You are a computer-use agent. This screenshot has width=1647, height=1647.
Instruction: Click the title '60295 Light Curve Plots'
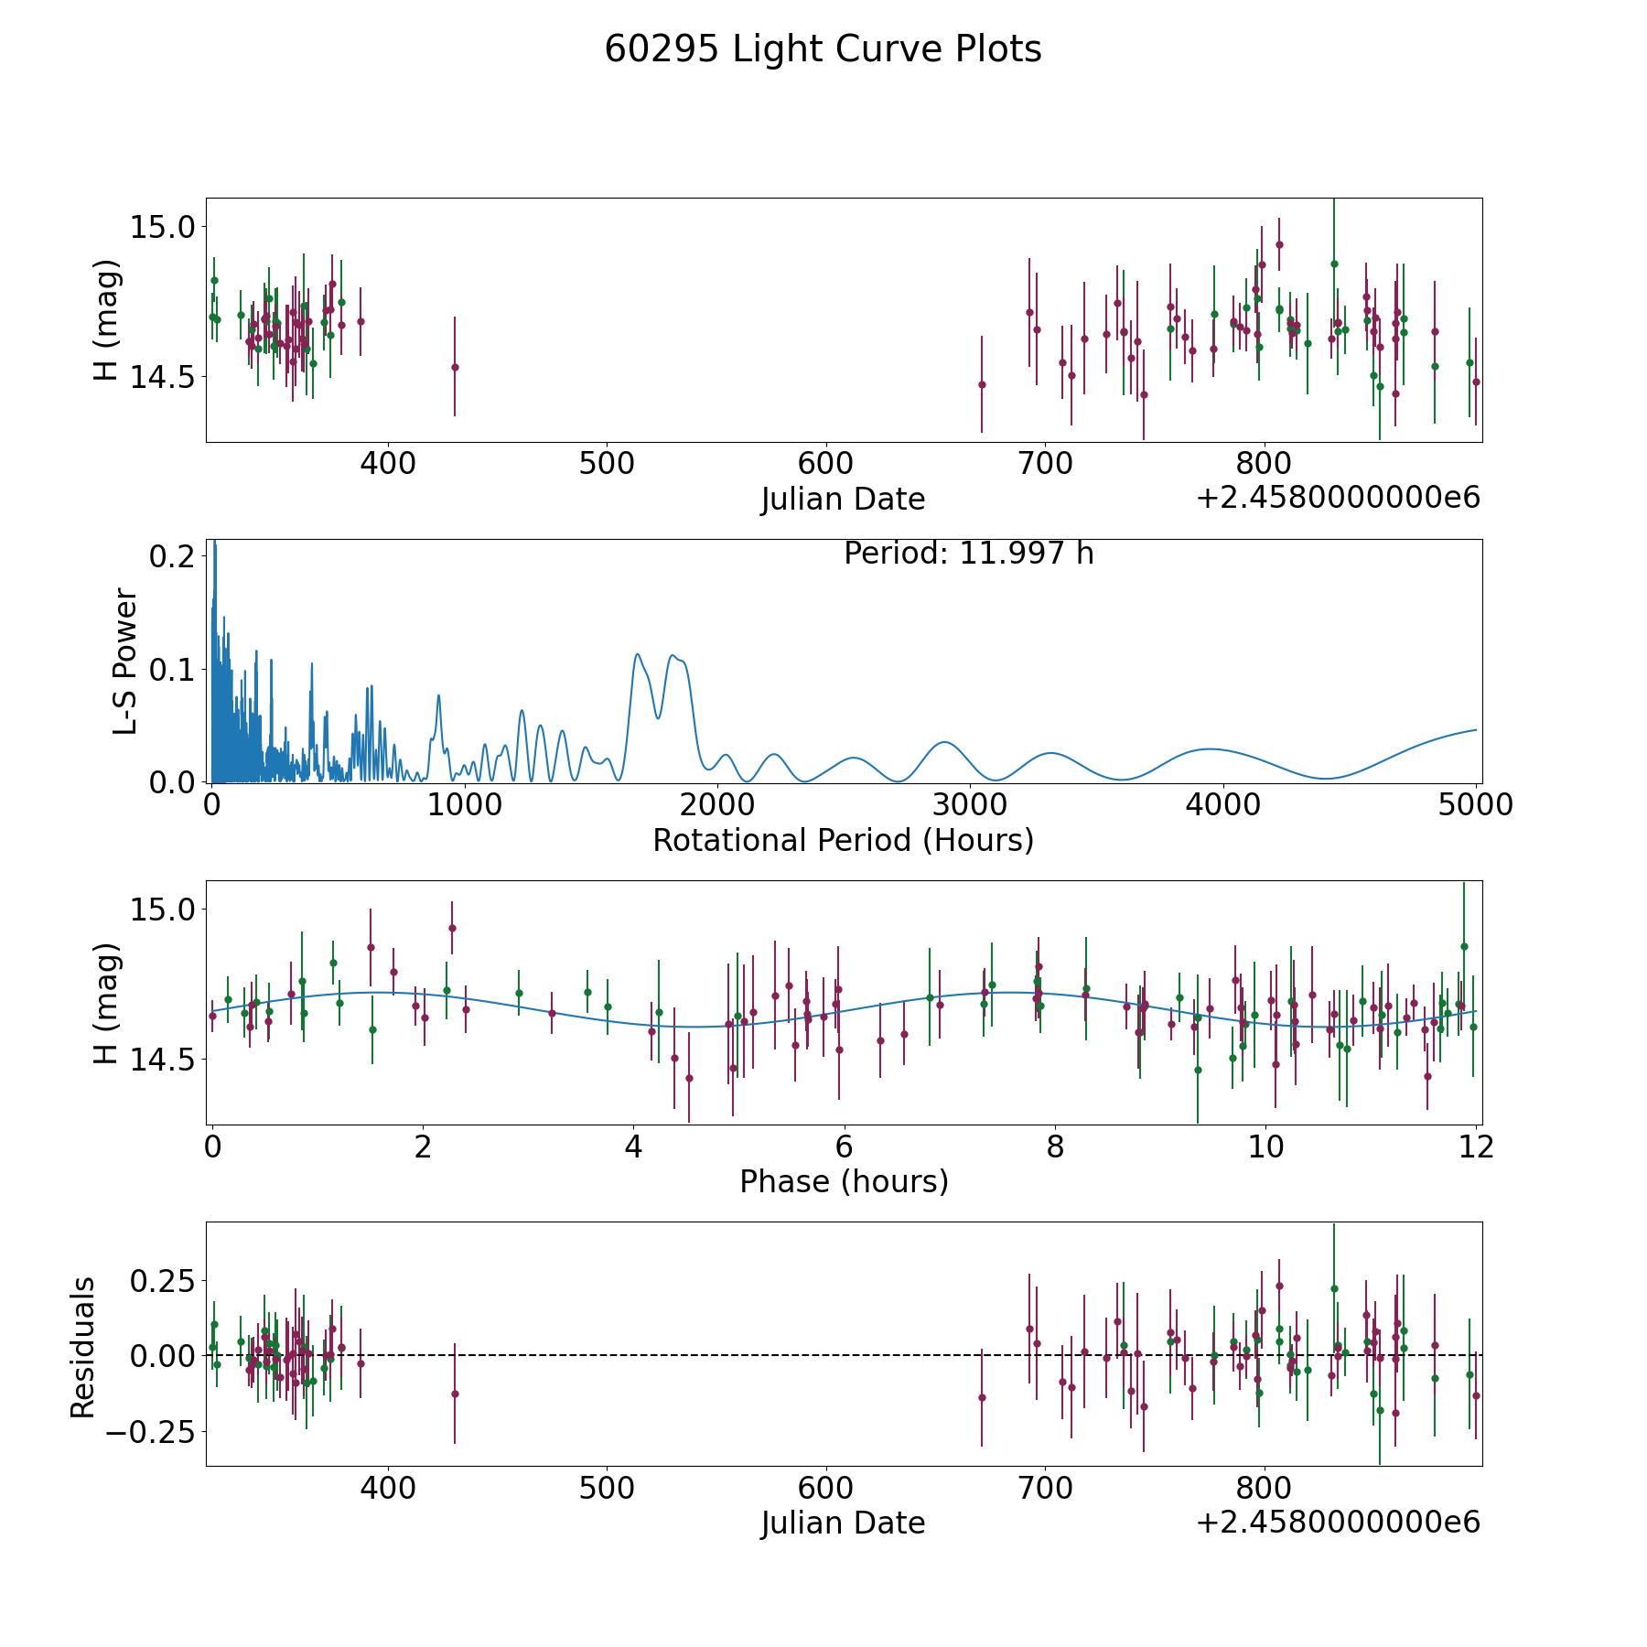pyautogui.click(x=823, y=49)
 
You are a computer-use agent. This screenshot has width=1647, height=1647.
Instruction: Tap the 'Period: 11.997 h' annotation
pyautogui.click(x=968, y=554)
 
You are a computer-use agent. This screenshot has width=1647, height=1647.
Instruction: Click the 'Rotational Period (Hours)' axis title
pyautogui.click(x=843, y=840)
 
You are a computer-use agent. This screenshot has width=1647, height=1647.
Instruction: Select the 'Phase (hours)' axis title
pyautogui.click(x=844, y=1181)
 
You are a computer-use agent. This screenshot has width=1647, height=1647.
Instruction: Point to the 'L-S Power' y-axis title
pyautogui.click(x=125, y=662)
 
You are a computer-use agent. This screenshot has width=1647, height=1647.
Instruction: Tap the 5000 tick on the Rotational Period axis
pyautogui.click(x=1475, y=805)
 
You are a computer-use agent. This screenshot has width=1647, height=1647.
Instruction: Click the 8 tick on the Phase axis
pyautogui.click(x=1055, y=1146)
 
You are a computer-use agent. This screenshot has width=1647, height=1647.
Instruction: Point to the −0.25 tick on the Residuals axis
pyautogui.click(x=154, y=1431)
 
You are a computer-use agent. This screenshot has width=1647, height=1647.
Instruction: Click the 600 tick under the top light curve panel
pyautogui.click(x=825, y=464)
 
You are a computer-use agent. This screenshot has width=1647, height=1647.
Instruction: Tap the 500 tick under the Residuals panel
pyautogui.click(x=607, y=1489)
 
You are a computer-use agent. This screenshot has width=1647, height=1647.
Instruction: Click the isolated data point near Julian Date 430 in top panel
pyautogui.click(x=455, y=367)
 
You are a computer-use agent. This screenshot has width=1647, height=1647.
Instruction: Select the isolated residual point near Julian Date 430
pyautogui.click(x=455, y=1394)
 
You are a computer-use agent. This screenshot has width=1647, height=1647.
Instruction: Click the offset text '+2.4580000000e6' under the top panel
pyautogui.click(x=1338, y=498)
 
